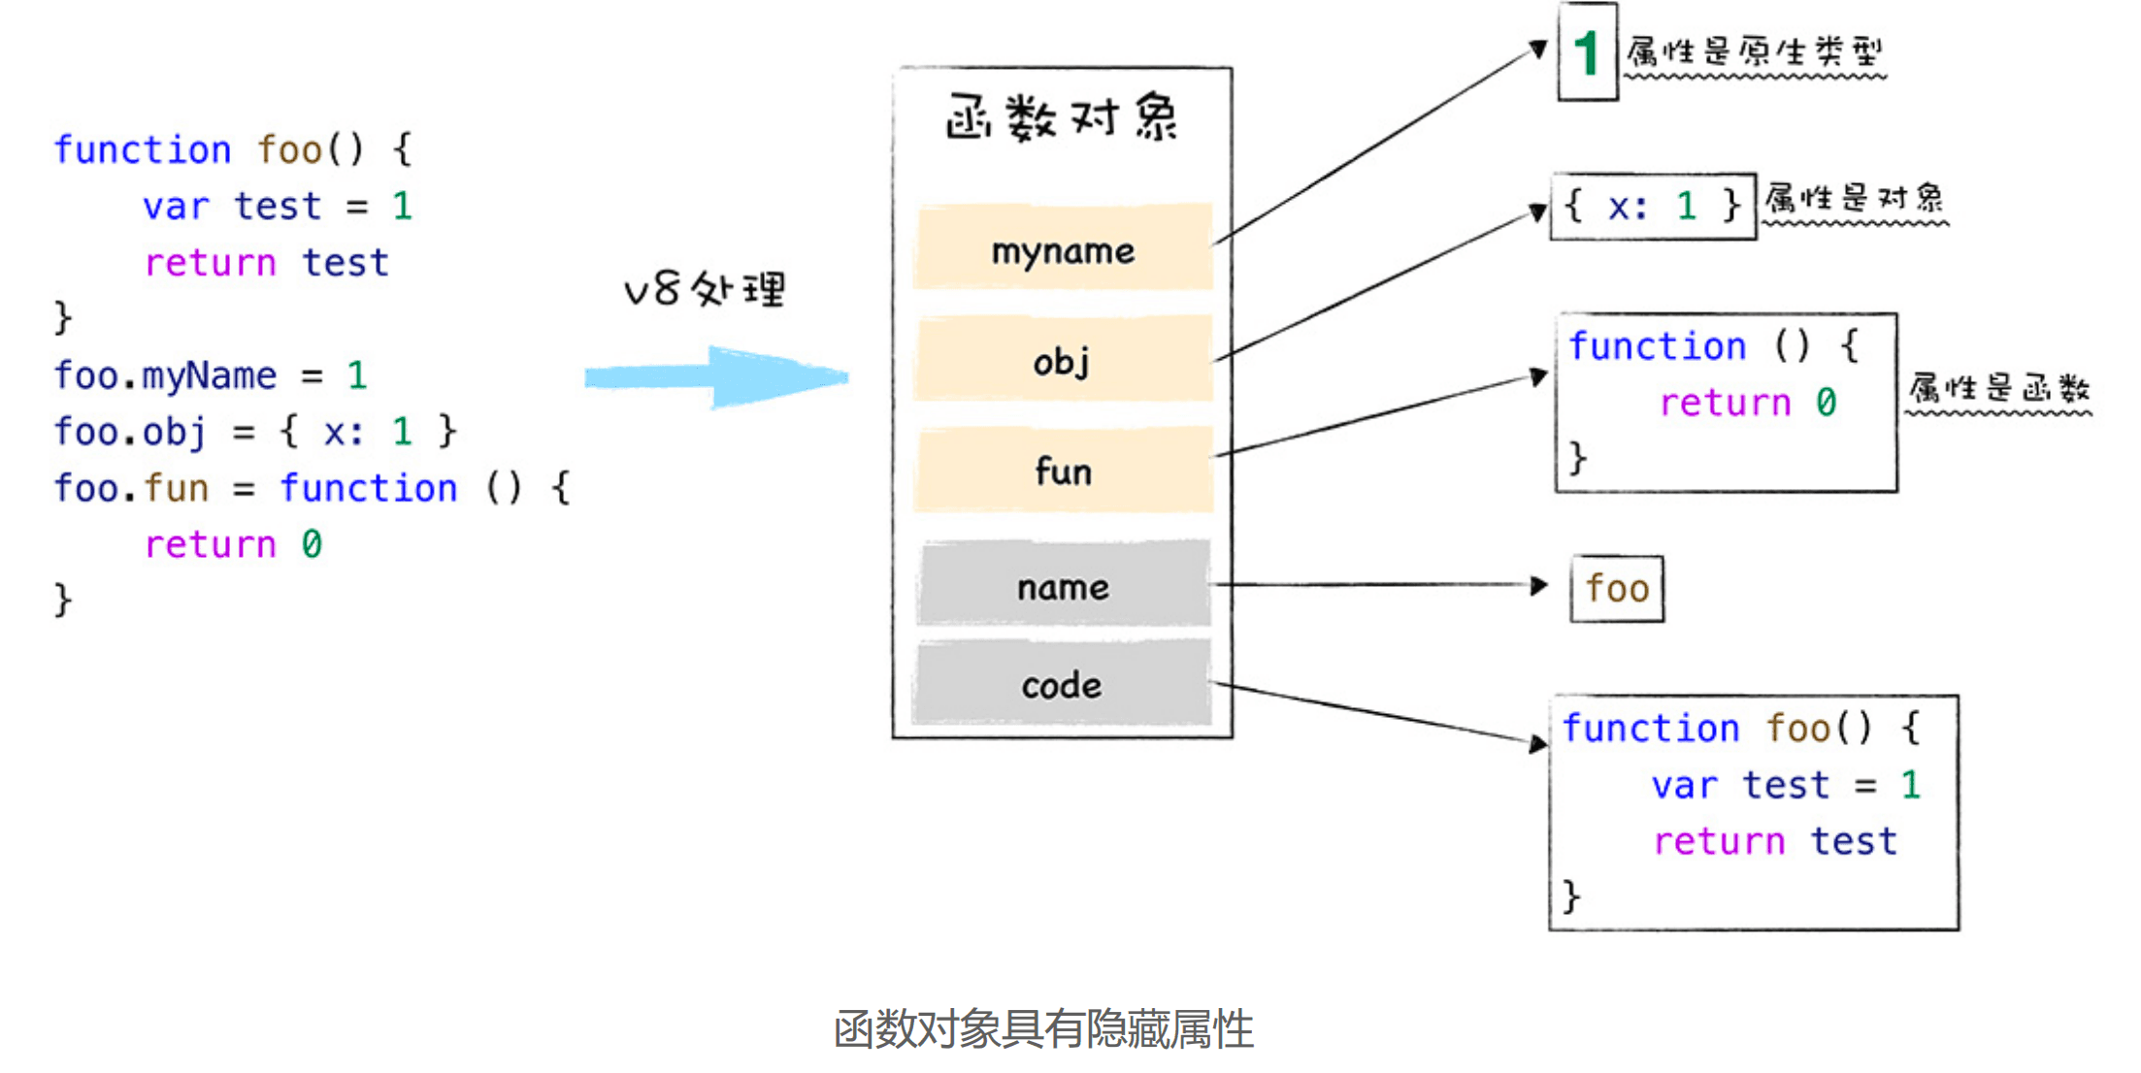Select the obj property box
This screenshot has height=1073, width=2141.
point(1063,359)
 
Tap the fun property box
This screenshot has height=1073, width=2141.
point(1063,471)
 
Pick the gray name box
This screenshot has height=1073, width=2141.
point(1063,585)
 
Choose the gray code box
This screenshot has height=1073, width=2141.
point(1063,684)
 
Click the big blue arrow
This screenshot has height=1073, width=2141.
point(718,376)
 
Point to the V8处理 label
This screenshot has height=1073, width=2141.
point(705,289)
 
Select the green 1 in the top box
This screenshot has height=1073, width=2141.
point(1587,51)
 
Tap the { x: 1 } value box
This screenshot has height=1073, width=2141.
point(1653,206)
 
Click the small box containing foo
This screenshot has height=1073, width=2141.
point(1617,588)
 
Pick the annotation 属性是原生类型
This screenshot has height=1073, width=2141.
point(1755,50)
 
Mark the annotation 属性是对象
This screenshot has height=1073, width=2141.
point(1854,199)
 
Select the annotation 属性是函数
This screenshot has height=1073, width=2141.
point(1998,388)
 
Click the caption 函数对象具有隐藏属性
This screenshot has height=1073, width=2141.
point(1043,1028)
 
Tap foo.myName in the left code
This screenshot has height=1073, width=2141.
point(165,375)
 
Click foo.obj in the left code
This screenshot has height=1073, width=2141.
point(130,432)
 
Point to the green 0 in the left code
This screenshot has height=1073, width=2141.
point(312,544)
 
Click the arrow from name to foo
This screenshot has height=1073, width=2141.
point(1378,585)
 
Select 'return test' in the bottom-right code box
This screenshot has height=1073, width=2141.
point(1774,840)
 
